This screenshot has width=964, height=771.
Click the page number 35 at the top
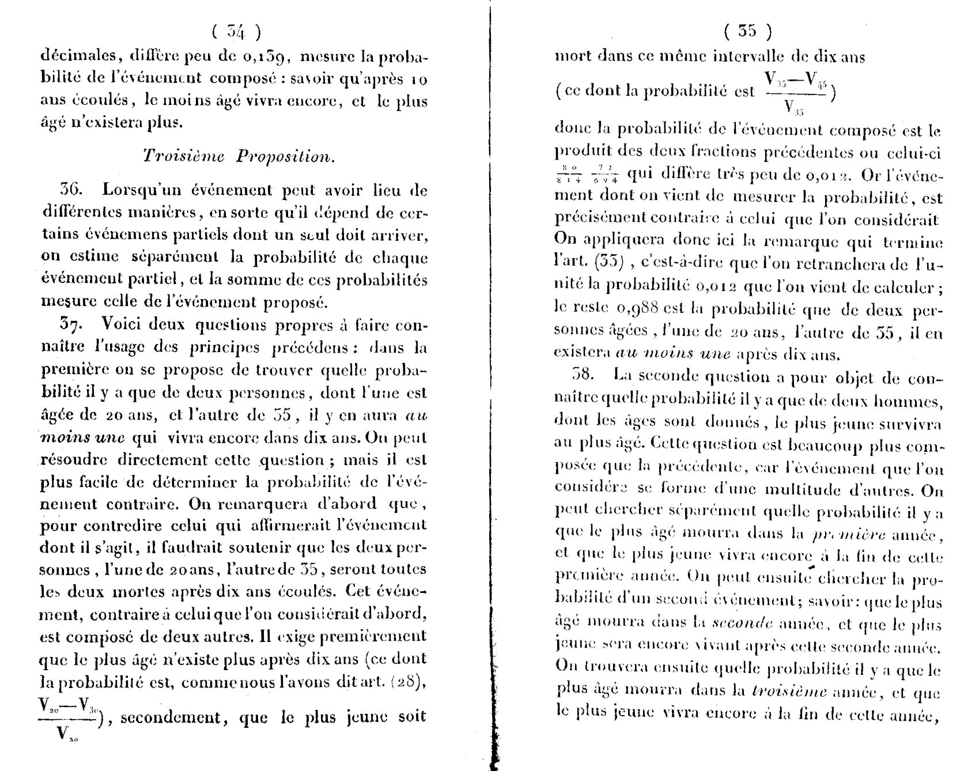pos(747,31)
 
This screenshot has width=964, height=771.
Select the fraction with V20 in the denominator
pos(68,720)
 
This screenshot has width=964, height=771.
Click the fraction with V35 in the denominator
pos(795,92)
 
